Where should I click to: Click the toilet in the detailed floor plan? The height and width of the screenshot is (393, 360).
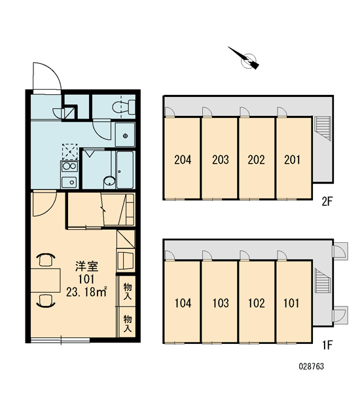coord(124,107)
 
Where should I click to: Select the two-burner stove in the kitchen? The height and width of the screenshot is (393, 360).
coord(69,166)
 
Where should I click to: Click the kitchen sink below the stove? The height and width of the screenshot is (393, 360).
coord(69,182)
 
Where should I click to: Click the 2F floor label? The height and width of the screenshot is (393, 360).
coord(327,201)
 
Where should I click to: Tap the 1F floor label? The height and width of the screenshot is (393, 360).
coord(327,345)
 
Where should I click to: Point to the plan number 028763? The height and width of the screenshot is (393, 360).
coord(312,366)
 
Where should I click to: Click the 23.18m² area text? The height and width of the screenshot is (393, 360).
coord(86,291)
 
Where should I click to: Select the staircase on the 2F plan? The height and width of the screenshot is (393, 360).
coord(323,128)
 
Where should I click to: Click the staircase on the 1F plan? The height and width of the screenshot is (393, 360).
coord(323,280)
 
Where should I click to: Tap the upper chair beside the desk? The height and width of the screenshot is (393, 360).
coord(46,259)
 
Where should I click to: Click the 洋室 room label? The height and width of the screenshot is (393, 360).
coord(86,266)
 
